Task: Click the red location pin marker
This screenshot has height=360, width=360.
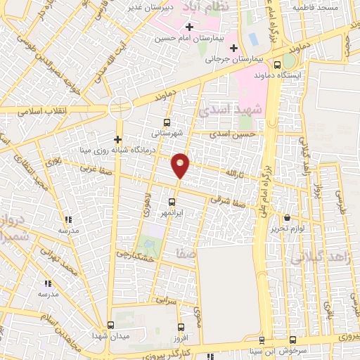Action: click(181, 165)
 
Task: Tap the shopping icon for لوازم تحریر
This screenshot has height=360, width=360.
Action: click(287, 217)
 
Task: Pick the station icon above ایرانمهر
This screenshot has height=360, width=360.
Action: click(172, 202)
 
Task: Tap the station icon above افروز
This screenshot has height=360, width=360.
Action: click(181, 327)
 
